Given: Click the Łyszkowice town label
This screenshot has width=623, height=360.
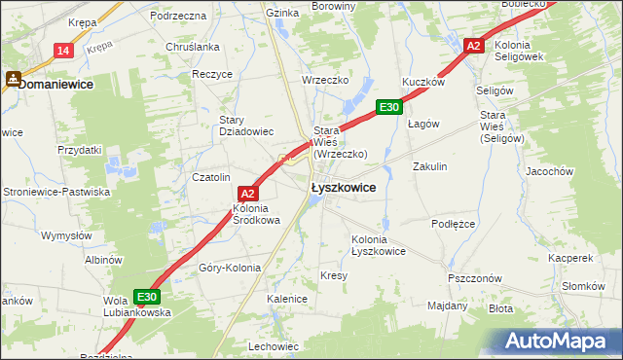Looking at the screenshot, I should (x=343, y=188).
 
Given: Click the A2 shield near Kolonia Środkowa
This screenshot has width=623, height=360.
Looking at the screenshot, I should (x=247, y=194).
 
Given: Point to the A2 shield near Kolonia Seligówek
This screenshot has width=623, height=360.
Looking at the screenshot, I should (x=474, y=46).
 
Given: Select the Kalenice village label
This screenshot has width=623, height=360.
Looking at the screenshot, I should (x=287, y=300).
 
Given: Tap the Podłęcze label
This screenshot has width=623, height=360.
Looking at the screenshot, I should (x=453, y=223).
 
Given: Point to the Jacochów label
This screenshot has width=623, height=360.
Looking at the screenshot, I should (x=575, y=171).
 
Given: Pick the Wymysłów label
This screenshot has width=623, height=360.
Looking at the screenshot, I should (x=65, y=235).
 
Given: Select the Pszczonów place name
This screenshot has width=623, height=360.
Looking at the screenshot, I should (x=475, y=277).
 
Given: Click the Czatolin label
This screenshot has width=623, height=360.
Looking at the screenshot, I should (x=210, y=177).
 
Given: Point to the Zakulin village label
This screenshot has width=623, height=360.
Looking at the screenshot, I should (x=429, y=166).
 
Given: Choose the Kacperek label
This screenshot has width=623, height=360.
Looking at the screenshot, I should (x=570, y=259).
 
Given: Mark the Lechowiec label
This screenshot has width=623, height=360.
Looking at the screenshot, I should (x=274, y=346).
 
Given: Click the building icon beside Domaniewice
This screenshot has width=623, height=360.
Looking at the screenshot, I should (x=13, y=83).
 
